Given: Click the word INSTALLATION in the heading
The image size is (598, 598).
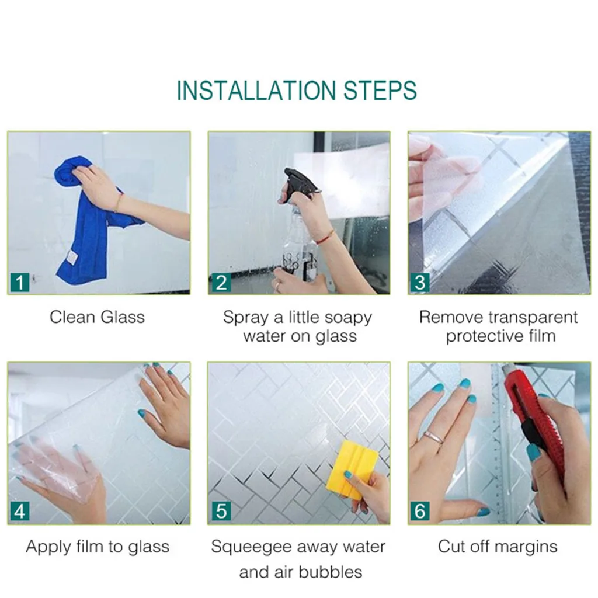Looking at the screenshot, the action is tap(256, 91).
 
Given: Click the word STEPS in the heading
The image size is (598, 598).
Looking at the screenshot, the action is tap(380, 91).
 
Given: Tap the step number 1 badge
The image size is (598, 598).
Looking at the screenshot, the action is tap(20, 283).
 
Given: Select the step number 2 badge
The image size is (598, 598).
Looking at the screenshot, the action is tap(220, 283).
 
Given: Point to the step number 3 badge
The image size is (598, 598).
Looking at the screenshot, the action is tap(420, 283).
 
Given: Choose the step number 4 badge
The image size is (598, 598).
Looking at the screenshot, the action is tap(20, 512).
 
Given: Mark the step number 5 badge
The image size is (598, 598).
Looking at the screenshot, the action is tap(221, 512).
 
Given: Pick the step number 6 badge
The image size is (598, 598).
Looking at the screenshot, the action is tap(420, 512).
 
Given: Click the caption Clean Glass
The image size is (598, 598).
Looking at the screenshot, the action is tap(98, 317).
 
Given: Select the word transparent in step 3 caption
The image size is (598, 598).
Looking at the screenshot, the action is tap(533, 318).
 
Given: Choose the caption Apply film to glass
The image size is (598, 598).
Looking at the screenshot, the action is tap(98, 547).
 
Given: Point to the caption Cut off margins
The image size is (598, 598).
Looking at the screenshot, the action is tap(498, 547).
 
